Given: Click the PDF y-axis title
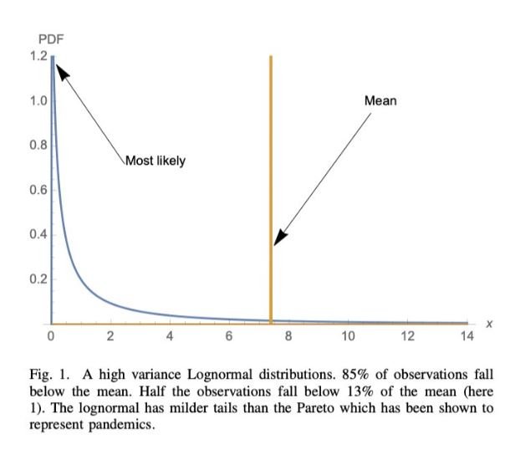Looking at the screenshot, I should click(x=50, y=40).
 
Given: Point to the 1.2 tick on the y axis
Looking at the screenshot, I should click(x=39, y=57).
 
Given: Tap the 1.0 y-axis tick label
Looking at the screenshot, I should click(x=39, y=101).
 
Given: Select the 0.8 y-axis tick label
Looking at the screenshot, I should click(x=39, y=146).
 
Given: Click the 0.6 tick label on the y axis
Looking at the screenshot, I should click(x=39, y=190).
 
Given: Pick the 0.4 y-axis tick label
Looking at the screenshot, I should click(x=39, y=234).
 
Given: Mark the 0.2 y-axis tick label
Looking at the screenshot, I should click(x=39, y=279).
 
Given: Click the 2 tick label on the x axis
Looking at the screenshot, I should click(x=110, y=336).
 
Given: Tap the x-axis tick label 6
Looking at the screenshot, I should click(x=228, y=336).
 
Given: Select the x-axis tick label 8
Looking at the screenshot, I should click(x=288, y=336).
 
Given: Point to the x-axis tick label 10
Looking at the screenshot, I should click(x=348, y=336).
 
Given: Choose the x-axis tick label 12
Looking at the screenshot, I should click(x=407, y=336).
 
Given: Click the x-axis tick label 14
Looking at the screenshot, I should click(x=467, y=336).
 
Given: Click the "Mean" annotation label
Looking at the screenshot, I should click(x=380, y=101).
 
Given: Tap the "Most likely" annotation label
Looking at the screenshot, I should click(x=155, y=161).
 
